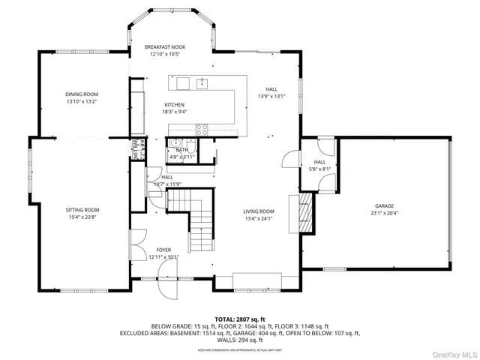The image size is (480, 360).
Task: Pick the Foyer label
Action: (x=163, y=250)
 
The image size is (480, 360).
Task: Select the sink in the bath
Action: (x=174, y=142)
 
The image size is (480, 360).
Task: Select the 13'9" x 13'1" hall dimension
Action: (x=271, y=96)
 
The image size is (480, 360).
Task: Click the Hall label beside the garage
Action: (x=320, y=162)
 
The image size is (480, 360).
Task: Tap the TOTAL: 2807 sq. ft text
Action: (x=240, y=319)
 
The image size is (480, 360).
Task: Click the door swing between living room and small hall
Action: (x=288, y=159)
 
